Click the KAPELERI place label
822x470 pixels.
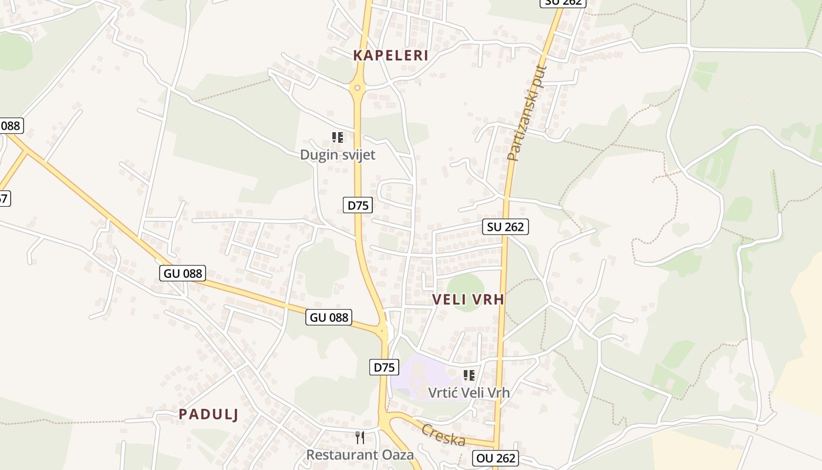(390, 56)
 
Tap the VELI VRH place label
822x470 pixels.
(468, 299)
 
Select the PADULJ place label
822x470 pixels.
(208, 414)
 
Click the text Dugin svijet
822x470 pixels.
(338, 155)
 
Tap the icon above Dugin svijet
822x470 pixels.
(338, 137)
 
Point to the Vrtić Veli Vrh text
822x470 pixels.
(469, 392)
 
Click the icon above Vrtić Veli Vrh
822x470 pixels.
(469, 375)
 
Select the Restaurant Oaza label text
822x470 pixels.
(360, 455)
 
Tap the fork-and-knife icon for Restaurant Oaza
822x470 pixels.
(360, 437)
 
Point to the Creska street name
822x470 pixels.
(443, 435)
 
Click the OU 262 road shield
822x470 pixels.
(496, 458)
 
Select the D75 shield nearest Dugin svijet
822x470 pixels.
(358, 205)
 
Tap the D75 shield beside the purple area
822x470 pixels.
(384, 368)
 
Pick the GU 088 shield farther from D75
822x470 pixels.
(182, 273)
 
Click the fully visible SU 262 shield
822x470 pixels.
(506, 227)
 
